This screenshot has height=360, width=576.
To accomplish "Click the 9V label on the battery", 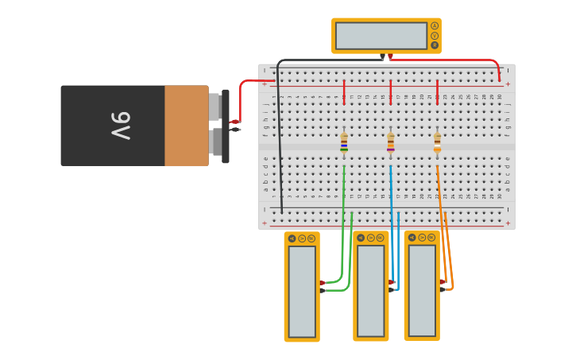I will [x=120, y=126].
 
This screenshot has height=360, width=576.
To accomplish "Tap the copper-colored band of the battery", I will [x=187, y=126].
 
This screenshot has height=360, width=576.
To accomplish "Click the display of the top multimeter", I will [x=381, y=36].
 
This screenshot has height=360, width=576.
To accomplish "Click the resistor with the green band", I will [x=344, y=142].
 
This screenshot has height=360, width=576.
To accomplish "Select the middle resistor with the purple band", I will [x=391, y=142].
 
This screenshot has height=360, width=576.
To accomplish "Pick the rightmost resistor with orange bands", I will [x=437, y=142].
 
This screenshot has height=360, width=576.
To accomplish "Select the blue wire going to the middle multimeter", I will [x=391, y=230].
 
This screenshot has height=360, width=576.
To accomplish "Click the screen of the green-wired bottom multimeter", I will [x=302, y=291].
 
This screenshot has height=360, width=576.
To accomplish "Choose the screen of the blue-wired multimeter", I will [x=371, y=291].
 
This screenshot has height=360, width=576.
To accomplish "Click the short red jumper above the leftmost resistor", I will [x=344, y=91].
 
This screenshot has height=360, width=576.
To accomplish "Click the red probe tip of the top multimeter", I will [x=390, y=56].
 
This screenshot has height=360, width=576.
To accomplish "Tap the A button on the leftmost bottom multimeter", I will [x=292, y=238].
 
